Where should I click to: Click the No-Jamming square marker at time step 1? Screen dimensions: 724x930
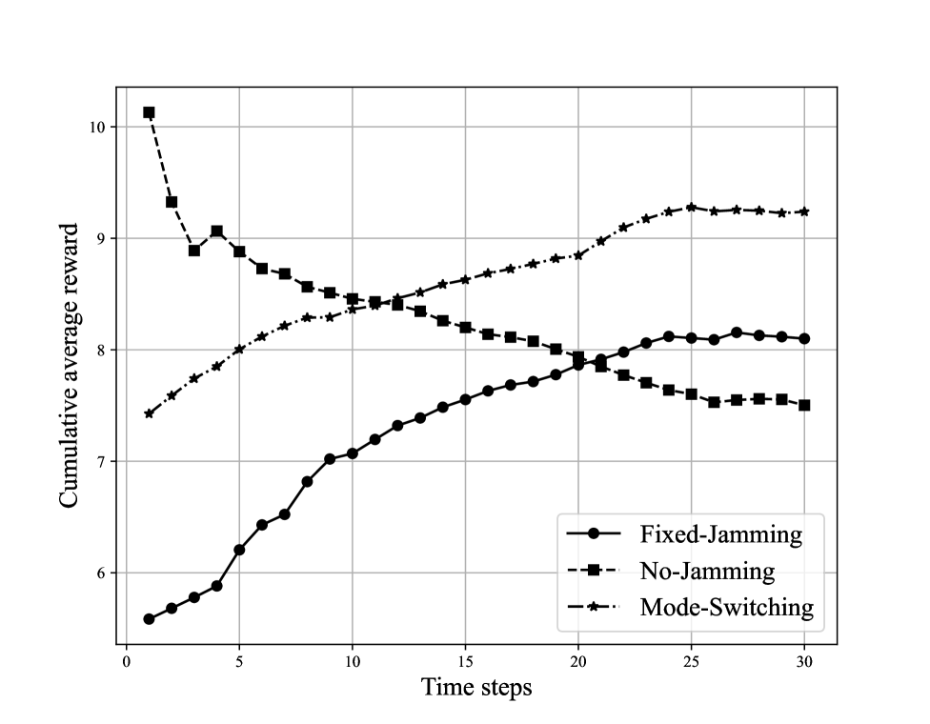[149, 112]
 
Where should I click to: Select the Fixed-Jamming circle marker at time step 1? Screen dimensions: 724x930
[149, 619]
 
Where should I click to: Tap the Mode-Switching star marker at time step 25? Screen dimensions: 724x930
[691, 207]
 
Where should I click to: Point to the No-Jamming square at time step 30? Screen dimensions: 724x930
[804, 405]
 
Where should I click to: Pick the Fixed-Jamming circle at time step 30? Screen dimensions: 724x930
[804, 338]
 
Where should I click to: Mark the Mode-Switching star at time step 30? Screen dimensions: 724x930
[804, 211]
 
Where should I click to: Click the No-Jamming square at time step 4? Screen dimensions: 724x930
[216, 231]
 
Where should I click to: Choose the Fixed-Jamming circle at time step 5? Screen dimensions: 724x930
[239, 550]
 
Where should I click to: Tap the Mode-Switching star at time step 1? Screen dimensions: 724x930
[149, 413]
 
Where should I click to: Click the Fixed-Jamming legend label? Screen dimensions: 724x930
[720, 534]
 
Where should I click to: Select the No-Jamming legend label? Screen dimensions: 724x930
[706, 571]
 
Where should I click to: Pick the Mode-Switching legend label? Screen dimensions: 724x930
[726, 607]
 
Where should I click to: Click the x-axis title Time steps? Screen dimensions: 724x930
[476, 687]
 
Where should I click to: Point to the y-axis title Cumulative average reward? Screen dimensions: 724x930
[69, 365]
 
